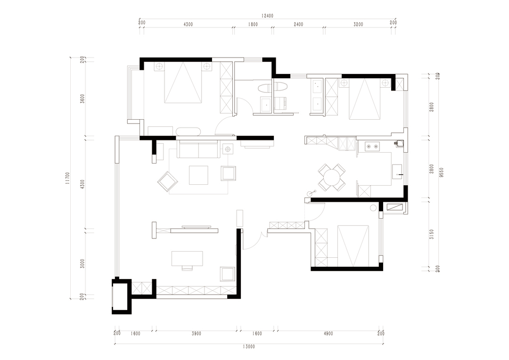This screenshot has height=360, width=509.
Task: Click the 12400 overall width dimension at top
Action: tap(268, 16)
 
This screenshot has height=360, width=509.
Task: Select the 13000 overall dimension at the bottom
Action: tap(249, 347)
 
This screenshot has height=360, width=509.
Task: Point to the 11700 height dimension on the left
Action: tap(67, 178)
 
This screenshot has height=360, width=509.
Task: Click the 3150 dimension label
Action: tap(431, 234)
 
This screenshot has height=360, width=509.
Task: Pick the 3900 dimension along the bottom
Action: tap(197, 334)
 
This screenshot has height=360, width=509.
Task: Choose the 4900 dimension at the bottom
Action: tap(328, 334)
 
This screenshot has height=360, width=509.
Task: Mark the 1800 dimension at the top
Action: tap(253, 25)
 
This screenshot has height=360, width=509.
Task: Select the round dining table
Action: tap(332, 177)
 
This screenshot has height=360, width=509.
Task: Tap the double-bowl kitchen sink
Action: tap(372, 147)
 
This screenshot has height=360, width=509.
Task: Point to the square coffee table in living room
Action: tap(199, 175)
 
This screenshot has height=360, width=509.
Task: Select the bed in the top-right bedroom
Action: tap(364, 98)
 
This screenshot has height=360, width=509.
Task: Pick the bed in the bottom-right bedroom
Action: tap(353, 246)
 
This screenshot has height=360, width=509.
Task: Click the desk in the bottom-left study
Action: tap(187, 258)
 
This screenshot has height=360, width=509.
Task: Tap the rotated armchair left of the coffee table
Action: tap(167, 181)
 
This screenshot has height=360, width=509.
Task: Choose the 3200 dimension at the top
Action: tap(358, 25)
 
